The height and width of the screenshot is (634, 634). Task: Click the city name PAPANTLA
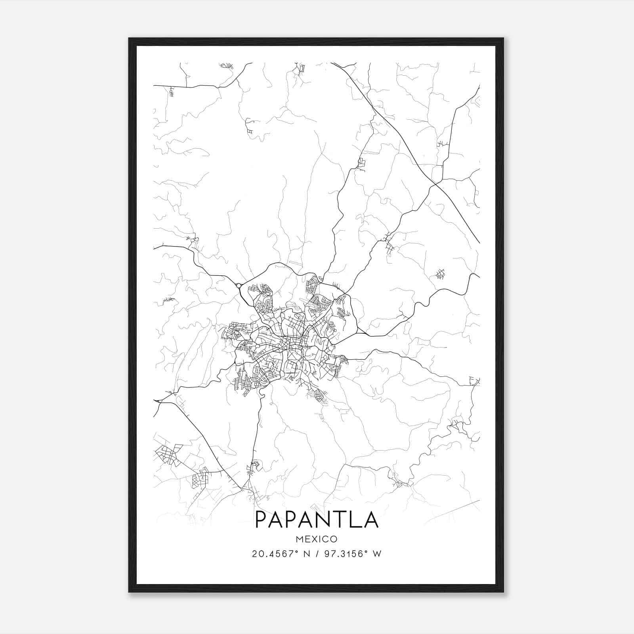pyautogui.click(x=317, y=519)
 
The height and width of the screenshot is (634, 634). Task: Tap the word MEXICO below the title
pyautogui.click(x=317, y=539)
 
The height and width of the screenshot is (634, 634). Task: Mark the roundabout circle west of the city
pyautogui.click(x=239, y=285)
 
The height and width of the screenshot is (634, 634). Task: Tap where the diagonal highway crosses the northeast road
pyautogui.click(x=435, y=184)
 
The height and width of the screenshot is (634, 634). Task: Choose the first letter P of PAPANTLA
pyautogui.click(x=262, y=519)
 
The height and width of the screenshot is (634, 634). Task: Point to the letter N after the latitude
pyautogui.click(x=305, y=554)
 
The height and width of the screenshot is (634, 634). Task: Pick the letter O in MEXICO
pyautogui.click(x=334, y=539)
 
